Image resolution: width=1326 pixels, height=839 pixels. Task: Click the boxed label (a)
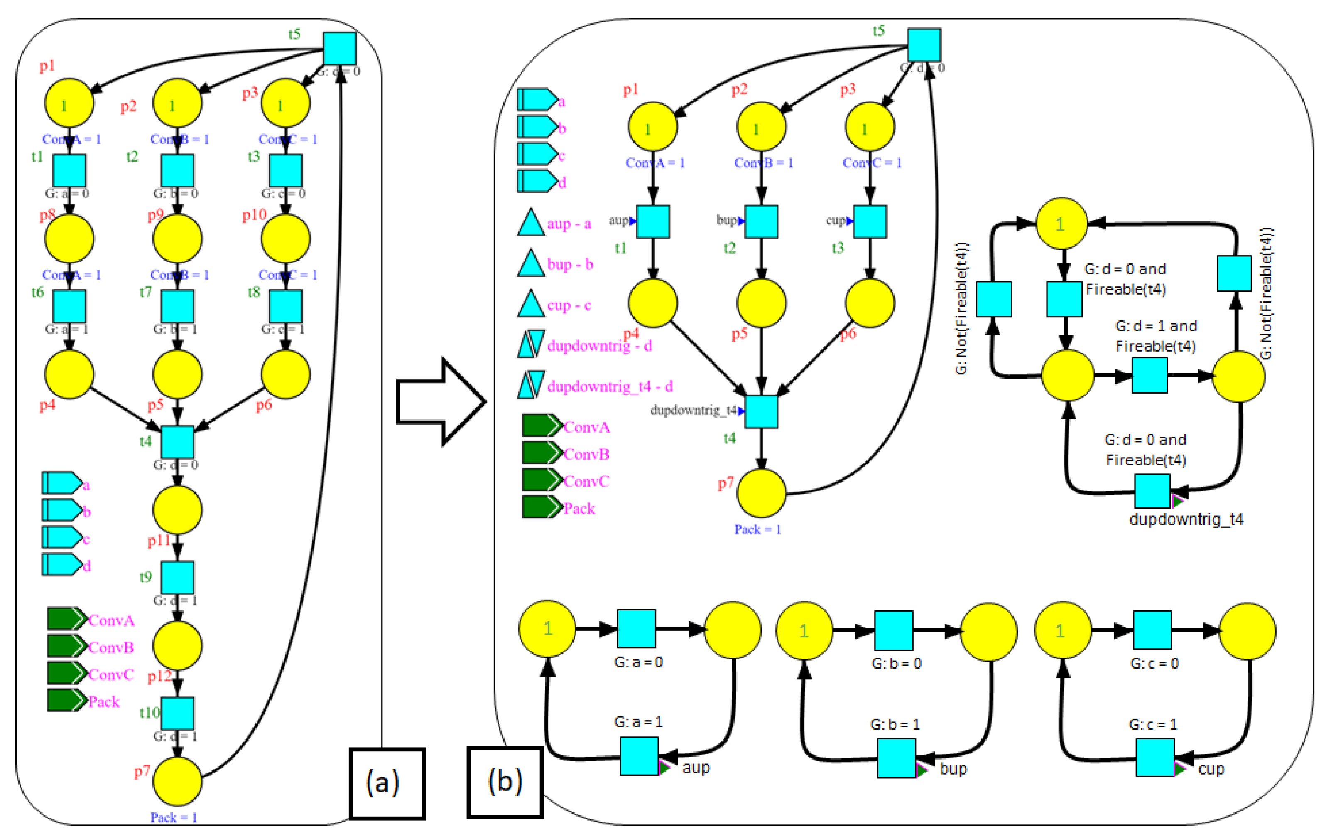coord(387,783)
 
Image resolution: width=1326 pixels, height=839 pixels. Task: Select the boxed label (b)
coord(505,782)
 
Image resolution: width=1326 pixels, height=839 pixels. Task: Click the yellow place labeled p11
coord(177,509)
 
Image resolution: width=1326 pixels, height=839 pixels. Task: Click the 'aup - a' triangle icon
coord(531,223)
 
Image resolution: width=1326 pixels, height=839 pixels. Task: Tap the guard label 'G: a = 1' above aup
coord(638,722)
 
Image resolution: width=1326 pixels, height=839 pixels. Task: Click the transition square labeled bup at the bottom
coord(896,758)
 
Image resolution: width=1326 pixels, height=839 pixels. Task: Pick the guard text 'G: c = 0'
coord(1154,663)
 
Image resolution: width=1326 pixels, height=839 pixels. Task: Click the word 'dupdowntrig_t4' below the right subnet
coord(1186,519)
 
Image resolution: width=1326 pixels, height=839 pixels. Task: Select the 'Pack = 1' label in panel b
coord(757,529)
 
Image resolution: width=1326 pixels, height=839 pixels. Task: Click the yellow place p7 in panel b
coord(761,493)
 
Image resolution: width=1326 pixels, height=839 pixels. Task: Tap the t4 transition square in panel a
coord(177,442)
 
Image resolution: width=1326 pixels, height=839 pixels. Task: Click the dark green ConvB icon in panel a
coord(66,646)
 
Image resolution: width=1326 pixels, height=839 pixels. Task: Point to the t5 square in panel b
coord(924,45)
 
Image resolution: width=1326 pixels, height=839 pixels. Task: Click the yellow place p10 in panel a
coord(285,239)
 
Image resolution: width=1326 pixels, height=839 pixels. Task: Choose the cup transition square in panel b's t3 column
coord(870,221)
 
